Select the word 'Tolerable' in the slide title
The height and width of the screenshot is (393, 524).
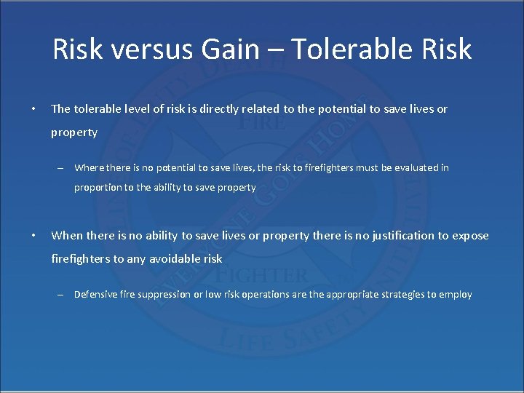(354, 49)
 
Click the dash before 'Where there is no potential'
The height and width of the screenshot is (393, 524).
(63, 168)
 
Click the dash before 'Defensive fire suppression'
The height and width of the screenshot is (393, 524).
(63, 295)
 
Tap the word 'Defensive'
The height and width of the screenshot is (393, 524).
(96, 295)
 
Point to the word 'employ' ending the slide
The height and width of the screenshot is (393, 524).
(456, 295)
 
